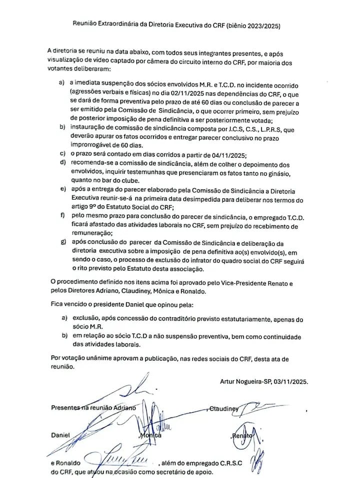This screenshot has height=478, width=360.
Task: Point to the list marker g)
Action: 62,243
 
